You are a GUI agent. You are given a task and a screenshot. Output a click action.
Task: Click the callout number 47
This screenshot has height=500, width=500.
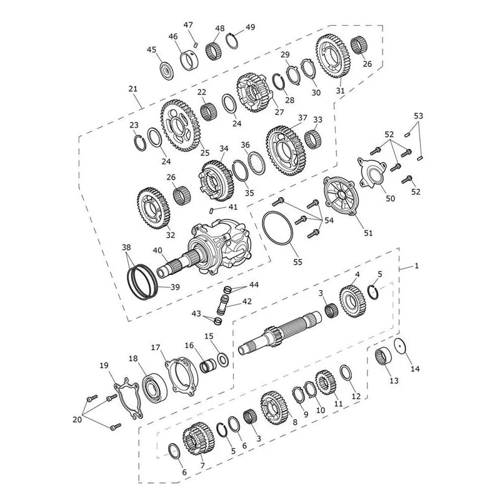(x=188, y=25)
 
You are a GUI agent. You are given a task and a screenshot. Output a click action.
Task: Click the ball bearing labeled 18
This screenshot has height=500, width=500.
(x=154, y=387)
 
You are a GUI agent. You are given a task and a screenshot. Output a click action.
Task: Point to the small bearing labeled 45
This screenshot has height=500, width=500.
(x=167, y=71)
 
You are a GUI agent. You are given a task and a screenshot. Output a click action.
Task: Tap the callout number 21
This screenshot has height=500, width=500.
(x=133, y=89)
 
